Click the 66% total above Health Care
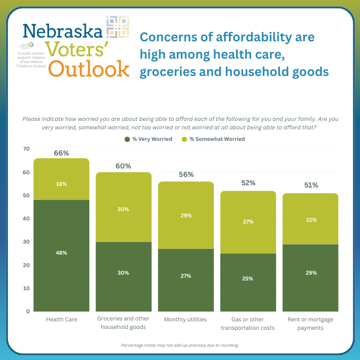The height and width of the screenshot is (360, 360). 61,153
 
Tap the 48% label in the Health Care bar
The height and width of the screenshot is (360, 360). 61,253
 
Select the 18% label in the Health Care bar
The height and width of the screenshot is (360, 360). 61,184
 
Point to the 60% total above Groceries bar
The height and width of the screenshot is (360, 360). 124,166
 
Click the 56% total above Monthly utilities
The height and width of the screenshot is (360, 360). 186,175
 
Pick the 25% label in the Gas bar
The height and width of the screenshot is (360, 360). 248,279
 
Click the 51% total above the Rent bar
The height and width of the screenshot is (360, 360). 310,185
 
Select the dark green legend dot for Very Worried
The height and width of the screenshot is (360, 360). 127,139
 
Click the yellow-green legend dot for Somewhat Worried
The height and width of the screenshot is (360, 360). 184,139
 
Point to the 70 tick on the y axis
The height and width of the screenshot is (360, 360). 27,149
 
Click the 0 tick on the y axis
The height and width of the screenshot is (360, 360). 28,312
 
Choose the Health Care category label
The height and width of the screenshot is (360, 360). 61,320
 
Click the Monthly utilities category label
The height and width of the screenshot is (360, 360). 186,320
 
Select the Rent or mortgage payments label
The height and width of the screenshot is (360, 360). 310,324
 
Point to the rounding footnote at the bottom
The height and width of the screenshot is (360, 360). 180,345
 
